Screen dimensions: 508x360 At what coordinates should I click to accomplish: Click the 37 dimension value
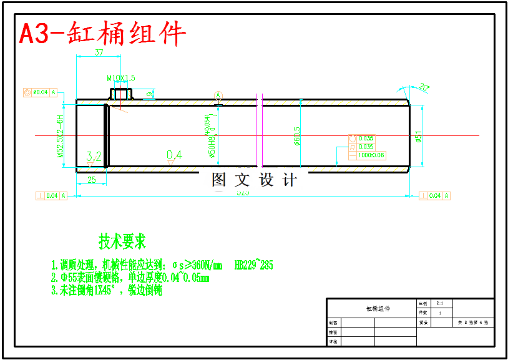pos(99,53)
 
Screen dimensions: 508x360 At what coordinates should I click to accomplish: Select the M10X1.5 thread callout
pos(120,78)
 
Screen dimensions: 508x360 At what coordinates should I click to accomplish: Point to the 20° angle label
pos(424,87)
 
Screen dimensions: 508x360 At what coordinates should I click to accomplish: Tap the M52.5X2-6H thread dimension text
pos(61,135)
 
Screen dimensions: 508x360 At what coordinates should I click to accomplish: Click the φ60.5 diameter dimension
pos(298,135)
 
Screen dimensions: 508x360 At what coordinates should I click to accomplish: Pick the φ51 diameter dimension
pos(419,135)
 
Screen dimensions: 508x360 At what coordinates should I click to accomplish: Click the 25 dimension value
pos(91,180)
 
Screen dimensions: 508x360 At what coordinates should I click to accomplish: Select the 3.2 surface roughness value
pos(94,156)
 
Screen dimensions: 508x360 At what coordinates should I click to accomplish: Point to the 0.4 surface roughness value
pos(175,155)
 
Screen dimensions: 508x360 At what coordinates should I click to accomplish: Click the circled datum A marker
pos(218,95)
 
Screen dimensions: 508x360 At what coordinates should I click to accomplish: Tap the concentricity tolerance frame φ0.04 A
pos(40,92)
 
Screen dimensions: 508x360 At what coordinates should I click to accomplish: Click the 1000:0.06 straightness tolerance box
pos(371,155)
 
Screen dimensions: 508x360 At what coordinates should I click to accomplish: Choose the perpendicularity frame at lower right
pos(435,195)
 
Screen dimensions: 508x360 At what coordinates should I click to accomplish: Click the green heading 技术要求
pos(122,240)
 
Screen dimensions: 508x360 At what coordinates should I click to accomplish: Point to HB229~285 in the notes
pos(253,265)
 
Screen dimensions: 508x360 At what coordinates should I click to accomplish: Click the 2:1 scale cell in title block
pos(440,303)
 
